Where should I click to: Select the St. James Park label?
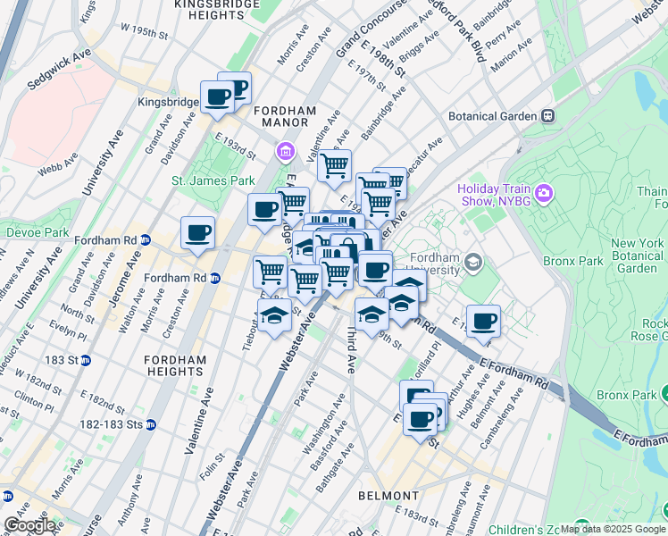(213, 180)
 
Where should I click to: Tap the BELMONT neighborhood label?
(388, 495)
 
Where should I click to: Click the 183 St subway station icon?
(86, 360)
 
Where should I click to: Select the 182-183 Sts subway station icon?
(151, 424)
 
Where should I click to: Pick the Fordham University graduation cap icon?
(472, 262)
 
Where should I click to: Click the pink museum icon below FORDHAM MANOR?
(286, 150)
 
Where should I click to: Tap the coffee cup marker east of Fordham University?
(483, 321)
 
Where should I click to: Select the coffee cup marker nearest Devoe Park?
(197, 232)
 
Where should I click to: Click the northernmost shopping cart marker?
(334, 164)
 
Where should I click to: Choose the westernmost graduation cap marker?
(275, 315)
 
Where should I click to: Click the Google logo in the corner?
(29, 525)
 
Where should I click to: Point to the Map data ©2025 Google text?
(613, 529)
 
